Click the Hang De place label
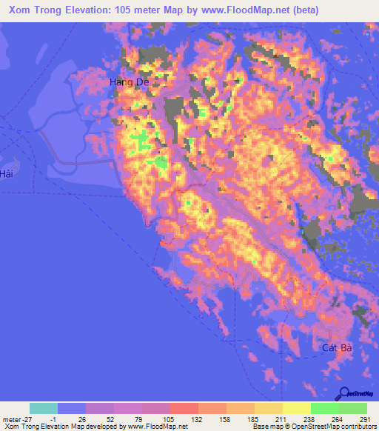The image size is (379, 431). (x=129, y=82)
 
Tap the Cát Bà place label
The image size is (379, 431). (x=335, y=347)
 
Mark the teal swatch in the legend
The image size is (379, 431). (x=44, y=407)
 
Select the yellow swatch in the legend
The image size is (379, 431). (x=296, y=407)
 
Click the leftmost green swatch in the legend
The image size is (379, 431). (x=324, y=407)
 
